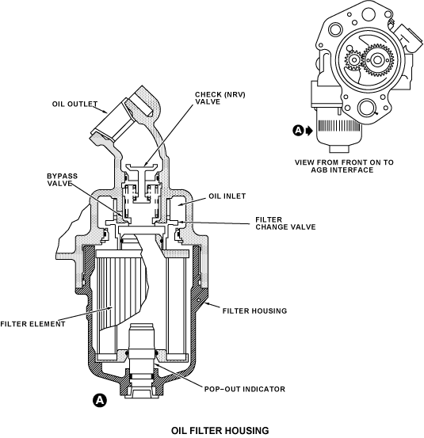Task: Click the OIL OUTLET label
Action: (74, 104)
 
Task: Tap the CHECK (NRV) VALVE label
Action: (220, 98)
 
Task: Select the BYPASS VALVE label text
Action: (62, 180)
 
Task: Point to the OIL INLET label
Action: (227, 196)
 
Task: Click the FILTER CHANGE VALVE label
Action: (285, 223)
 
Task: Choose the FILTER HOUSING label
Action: (254, 310)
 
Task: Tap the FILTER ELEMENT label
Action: (32, 324)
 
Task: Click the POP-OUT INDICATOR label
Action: (245, 389)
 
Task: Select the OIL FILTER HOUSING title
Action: (220, 430)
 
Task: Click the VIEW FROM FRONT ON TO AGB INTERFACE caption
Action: (344, 166)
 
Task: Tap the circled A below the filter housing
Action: (100, 400)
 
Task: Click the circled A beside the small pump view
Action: (298, 130)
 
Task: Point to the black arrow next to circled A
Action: (309, 130)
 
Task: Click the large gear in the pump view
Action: (377, 60)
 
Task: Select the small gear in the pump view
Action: (354, 59)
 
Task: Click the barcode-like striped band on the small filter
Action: (338, 126)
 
